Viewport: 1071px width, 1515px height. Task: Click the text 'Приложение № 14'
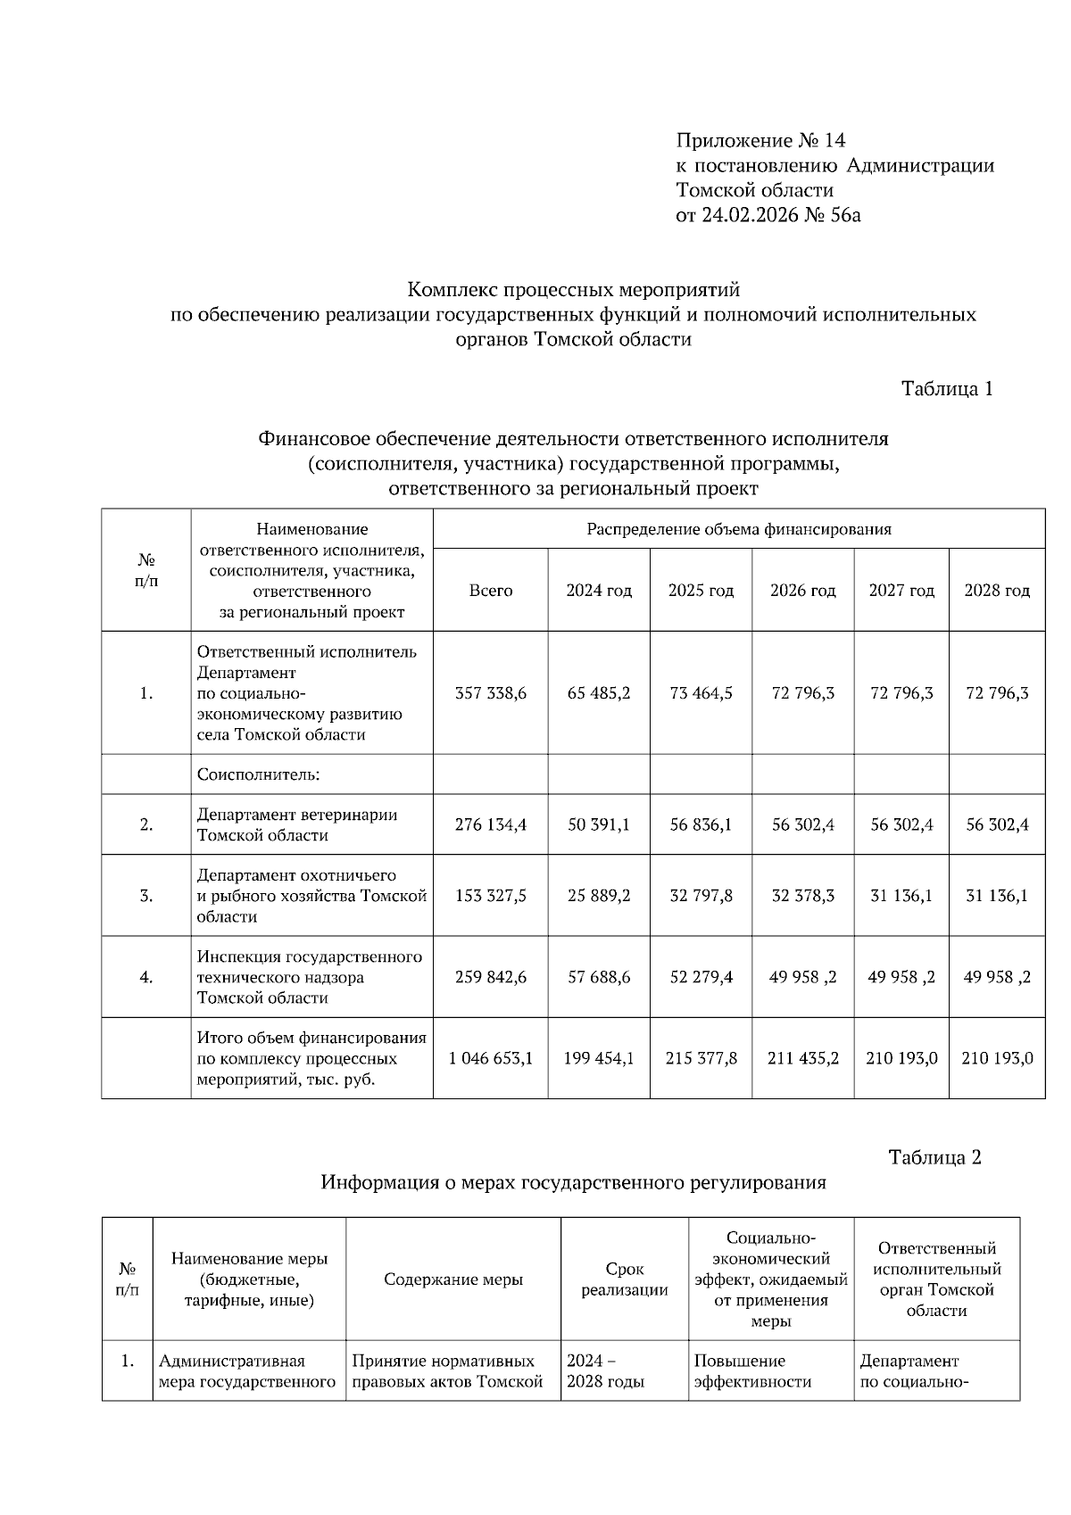(x=760, y=140)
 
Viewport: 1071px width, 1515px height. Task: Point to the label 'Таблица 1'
(x=947, y=389)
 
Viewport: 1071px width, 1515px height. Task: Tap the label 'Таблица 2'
(x=934, y=1157)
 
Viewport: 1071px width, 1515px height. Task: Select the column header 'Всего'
(x=491, y=591)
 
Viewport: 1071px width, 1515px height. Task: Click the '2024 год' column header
(x=599, y=591)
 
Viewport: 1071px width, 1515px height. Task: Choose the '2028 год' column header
(x=997, y=591)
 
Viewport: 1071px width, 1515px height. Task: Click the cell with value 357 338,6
(x=491, y=693)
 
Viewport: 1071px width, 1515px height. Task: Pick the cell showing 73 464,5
(x=701, y=693)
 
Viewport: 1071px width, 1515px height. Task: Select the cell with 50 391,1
(x=599, y=825)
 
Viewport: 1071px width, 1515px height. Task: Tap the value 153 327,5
(x=491, y=896)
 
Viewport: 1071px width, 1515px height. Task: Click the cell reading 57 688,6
(x=599, y=977)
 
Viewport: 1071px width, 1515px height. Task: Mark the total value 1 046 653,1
(x=491, y=1058)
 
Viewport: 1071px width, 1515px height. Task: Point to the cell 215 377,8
(x=701, y=1058)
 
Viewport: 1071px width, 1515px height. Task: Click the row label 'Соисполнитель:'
(x=259, y=774)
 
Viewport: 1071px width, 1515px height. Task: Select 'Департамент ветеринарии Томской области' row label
(x=297, y=825)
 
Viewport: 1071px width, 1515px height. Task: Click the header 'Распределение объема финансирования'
(x=739, y=529)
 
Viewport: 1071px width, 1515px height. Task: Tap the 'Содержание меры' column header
(x=453, y=1279)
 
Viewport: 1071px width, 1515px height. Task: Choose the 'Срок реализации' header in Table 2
(x=625, y=1279)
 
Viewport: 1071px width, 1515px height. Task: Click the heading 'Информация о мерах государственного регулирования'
(x=573, y=1183)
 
